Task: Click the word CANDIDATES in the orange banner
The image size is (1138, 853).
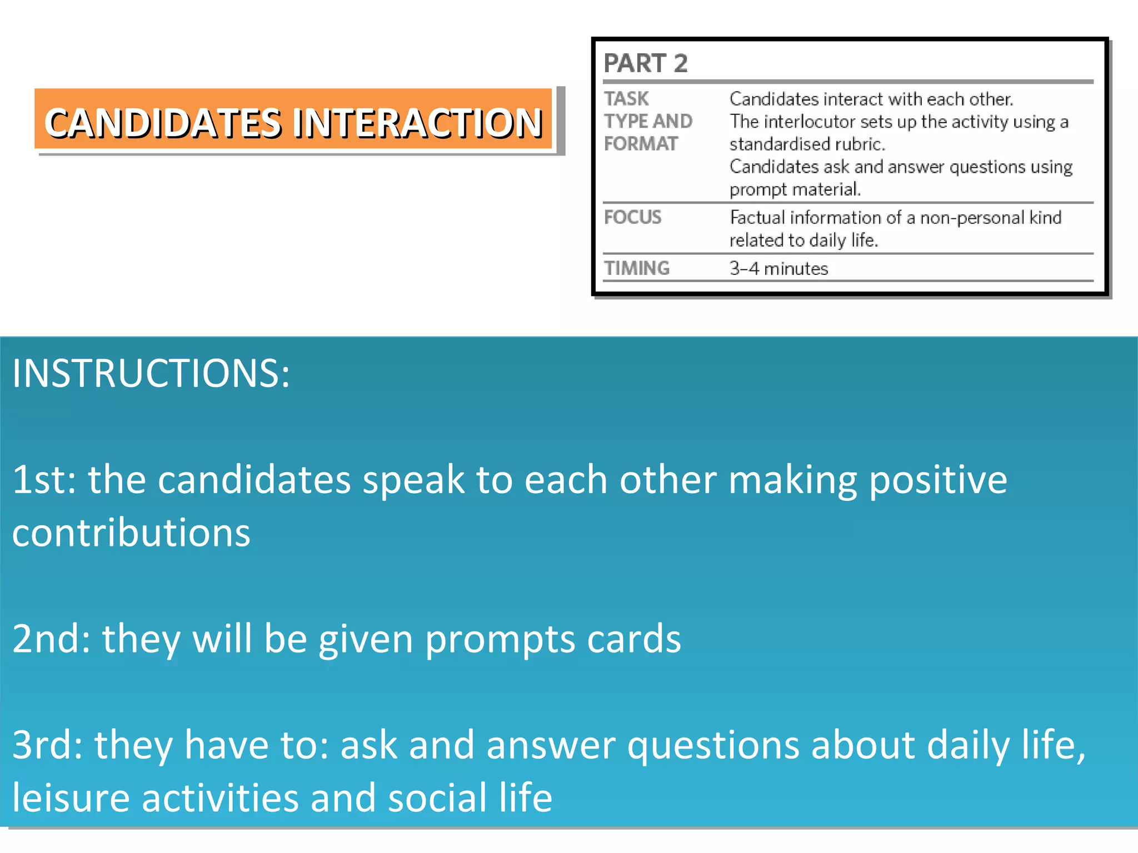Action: coord(163,123)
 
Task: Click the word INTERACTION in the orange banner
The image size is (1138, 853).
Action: coord(418,123)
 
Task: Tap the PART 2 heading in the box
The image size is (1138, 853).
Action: coord(646,63)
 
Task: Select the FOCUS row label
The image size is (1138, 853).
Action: coord(632,217)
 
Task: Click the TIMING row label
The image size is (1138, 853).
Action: coord(637,268)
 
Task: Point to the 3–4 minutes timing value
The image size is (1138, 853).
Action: coord(778,269)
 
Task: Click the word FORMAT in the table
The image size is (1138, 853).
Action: coord(641,144)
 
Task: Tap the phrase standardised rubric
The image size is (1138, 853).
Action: coord(807,144)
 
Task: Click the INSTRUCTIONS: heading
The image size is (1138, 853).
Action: coord(151,373)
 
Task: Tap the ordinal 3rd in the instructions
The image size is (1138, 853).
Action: coord(47,745)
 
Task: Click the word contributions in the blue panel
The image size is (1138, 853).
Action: coord(131,533)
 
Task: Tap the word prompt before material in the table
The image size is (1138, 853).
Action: coord(758,190)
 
